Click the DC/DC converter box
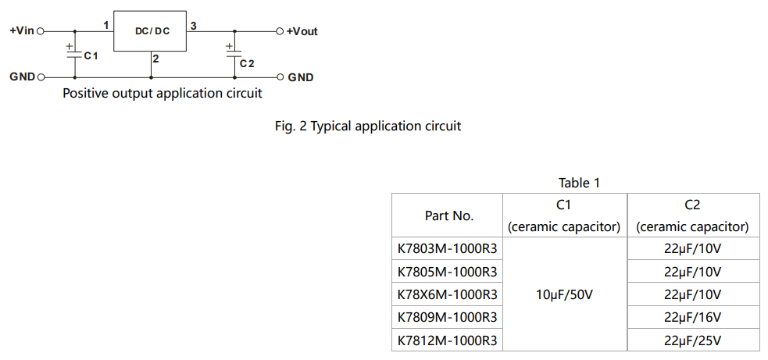[x=152, y=31]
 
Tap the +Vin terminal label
[x=22, y=31]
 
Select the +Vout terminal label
[x=302, y=32]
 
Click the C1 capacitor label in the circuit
[x=91, y=57]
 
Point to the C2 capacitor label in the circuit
[x=247, y=63]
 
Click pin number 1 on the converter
[x=105, y=25]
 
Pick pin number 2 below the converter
[x=156, y=59]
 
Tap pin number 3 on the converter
[x=193, y=26]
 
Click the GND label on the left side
[x=22, y=77]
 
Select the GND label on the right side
[x=301, y=77]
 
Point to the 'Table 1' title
[x=579, y=183]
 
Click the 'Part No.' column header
[x=448, y=216]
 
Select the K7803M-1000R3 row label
[x=447, y=249]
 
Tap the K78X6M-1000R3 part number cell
[x=447, y=294]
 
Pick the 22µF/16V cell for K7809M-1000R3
[x=692, y=317]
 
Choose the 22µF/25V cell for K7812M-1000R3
[x=692, y=340]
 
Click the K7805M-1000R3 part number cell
[x=447, y=272]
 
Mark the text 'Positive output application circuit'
[x=162, y=94]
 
